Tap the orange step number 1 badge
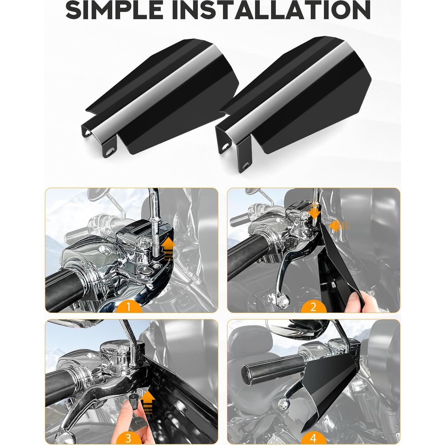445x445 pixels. (x=128, y=306)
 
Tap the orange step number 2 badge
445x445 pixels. (x=313, y=306)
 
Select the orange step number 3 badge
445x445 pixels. (x=128, y=438)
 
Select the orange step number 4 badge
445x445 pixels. (x=313, y=438)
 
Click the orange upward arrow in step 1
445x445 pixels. (x=169, y=248)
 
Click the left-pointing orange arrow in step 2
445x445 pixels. (x=337, y=225)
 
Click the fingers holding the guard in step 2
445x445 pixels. (x=355, y=297)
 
